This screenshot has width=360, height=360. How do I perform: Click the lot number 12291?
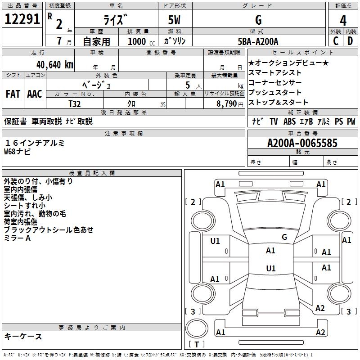22,20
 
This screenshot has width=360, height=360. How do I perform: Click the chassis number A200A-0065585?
302,144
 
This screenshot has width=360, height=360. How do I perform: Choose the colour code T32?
75,103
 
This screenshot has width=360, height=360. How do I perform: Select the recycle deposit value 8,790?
224,103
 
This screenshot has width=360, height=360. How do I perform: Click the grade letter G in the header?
258,20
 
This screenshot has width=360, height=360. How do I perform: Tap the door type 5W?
175,20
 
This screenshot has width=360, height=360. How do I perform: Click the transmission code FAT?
13,94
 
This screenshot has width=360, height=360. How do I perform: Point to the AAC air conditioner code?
35,94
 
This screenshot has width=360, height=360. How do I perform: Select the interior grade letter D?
350,41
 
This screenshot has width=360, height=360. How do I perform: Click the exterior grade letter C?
336,41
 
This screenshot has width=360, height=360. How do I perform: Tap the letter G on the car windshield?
284,237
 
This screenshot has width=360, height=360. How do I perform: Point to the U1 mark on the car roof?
270,269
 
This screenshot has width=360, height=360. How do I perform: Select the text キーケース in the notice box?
23,336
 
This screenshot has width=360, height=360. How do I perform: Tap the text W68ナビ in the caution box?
18,151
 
